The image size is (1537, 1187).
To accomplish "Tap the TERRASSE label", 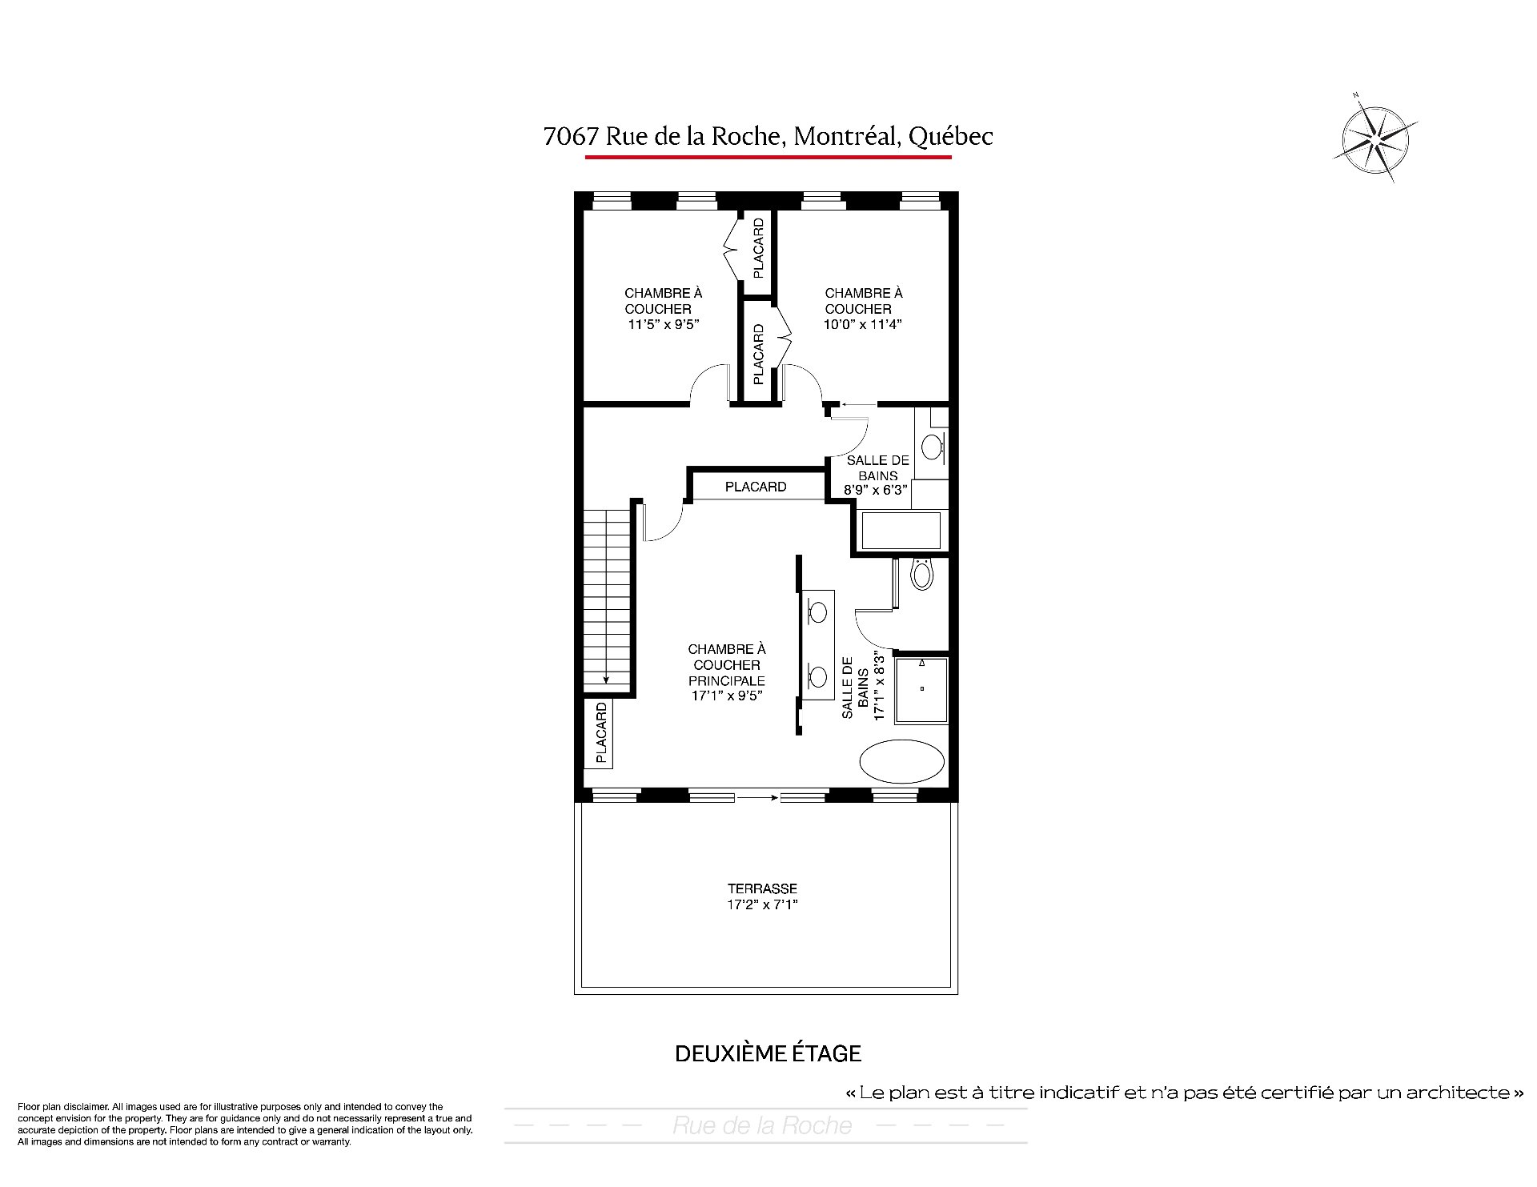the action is point(762,888).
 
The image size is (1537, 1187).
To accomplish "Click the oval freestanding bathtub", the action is point(903,760).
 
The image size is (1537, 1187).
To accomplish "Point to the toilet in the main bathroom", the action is point(922,574).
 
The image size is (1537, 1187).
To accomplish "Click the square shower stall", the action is point(921,689).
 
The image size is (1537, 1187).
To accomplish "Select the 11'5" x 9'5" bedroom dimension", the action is point(664,324).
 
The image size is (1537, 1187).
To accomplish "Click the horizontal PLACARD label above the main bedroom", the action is point(756,487).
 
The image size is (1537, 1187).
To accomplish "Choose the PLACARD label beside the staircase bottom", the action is point(601,732).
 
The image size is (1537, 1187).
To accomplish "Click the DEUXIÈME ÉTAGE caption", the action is point(768,1053).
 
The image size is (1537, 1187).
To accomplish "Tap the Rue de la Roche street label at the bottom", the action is point(762,1125).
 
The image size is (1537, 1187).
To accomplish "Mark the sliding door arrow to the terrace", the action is point(757,797).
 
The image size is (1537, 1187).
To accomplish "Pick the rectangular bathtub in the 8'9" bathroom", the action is point(901,531).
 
